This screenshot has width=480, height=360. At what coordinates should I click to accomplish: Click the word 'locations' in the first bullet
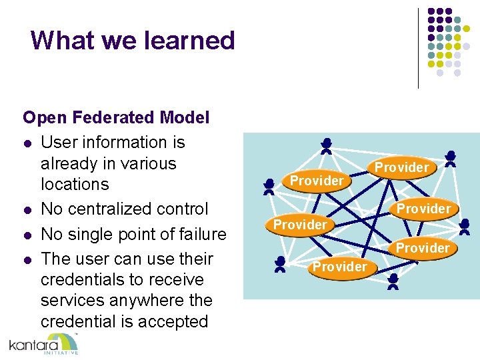tap(75, 184)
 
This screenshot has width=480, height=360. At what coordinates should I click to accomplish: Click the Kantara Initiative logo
tap(44, 344)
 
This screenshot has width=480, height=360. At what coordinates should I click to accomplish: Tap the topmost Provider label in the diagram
tap(401, 167)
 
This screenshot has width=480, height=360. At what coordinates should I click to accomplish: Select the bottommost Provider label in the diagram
tap(340, 267)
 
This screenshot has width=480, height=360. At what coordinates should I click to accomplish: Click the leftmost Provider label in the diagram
tap(300, 225)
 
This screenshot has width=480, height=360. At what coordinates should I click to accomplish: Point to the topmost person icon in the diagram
tap(326, 146)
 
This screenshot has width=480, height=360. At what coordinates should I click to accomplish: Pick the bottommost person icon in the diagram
tap(393, 281)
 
